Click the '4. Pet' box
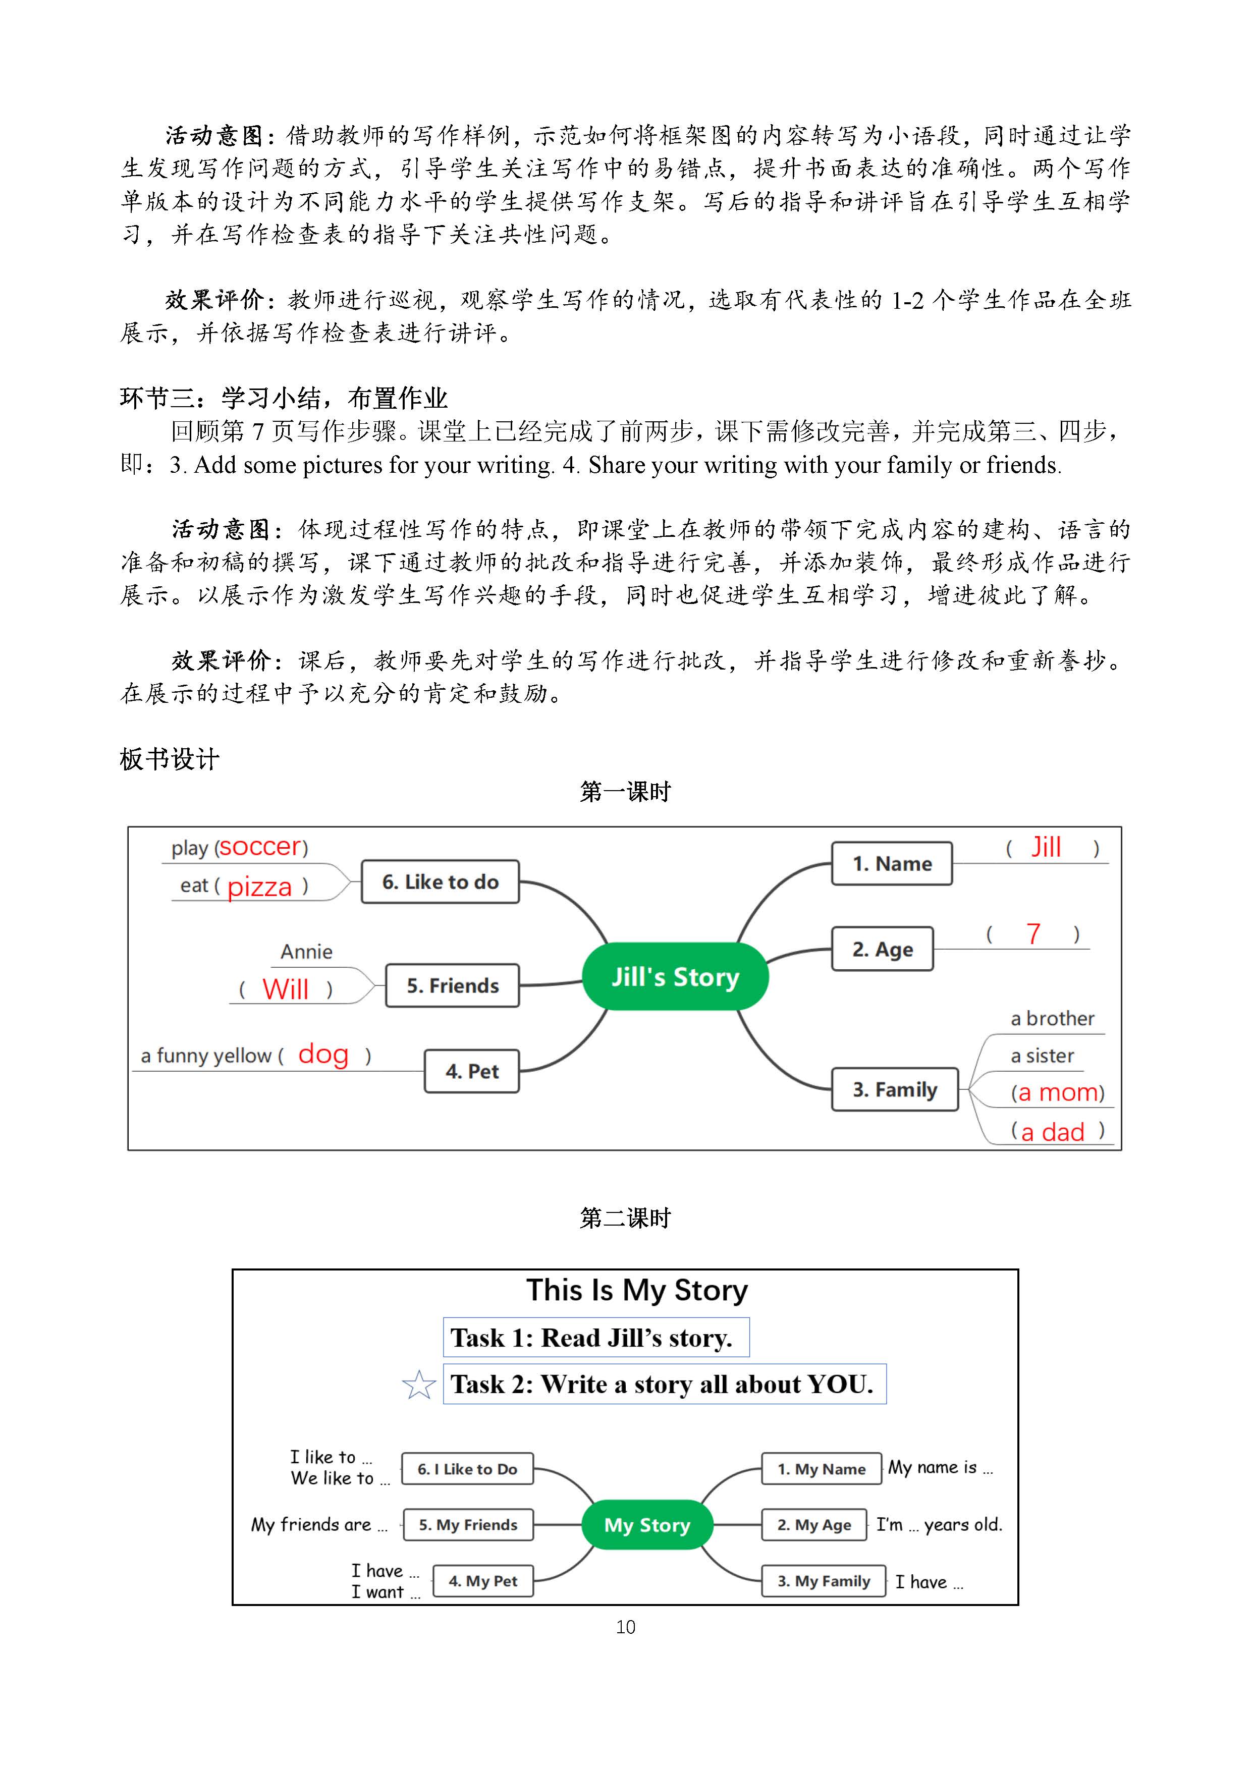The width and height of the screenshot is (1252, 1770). click(x=472, y=1071)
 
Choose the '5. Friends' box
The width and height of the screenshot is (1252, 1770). click(x=453, y=985)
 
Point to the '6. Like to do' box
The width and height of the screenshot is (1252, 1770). click(x=440, y=881)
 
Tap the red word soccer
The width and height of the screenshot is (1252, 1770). click(x=260, y=847)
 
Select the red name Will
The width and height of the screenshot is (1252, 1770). click(x=285, y=988)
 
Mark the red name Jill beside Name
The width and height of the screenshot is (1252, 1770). click(x=1046, y=847)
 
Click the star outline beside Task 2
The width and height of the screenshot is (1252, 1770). click(x=419, y=1386)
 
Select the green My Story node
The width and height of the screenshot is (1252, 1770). click(x=647, y=1524)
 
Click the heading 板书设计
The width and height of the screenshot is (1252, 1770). click(x=170, y=759)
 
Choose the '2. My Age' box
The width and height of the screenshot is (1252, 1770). click(x=814, y=1524)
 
